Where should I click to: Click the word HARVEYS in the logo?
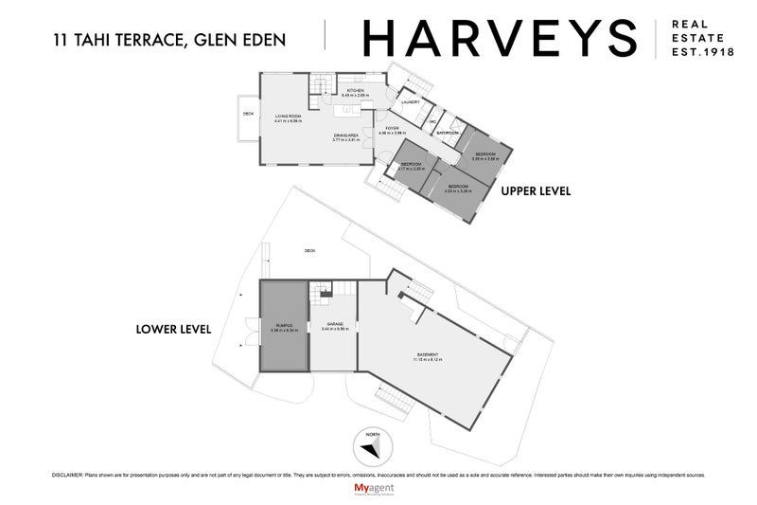coord(501,37)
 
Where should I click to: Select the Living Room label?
coord(288,118)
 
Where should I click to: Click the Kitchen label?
coord(354,91)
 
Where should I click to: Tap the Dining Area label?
coord(346,136)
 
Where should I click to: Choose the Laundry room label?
coord(411,101)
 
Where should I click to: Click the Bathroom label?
coord(448,134)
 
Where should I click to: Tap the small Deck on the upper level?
coord(248,116)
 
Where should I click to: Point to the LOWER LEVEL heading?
coord(174,330)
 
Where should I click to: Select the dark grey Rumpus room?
coord(285,327)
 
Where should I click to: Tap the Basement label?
coord(427,355)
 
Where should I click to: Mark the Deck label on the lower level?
coord(309,250)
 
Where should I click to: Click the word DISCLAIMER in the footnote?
coord(66,474)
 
